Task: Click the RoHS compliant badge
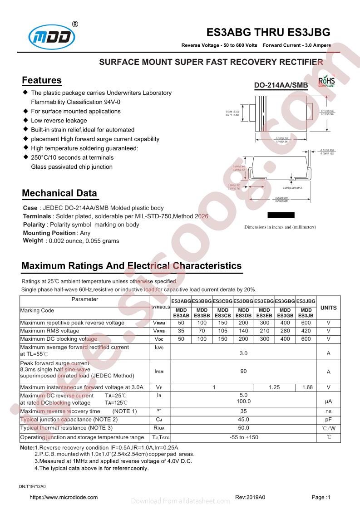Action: (x=326, y=81)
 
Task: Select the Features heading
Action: (x=42, y=81)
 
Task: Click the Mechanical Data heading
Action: (x=59, y=193)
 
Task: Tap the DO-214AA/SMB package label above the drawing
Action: (x=281, y=85)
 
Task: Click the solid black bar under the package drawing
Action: (x=281, y=215)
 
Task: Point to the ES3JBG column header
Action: (x=306, y=301)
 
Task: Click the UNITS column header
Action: (x=328, y=308)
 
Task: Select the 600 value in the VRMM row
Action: (x=306, y=323)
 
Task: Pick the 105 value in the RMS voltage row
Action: (x=222, y=331)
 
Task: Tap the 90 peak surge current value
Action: (x=243, y=372)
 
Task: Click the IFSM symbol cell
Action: (x=159, y=372)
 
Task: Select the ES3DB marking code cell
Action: (x=243, y=313)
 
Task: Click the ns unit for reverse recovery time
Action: (x=328, y=411)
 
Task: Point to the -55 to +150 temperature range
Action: (x=243, y=437)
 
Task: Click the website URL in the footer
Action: (x=64, y=497)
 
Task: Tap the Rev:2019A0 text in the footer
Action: (x=250, y=497)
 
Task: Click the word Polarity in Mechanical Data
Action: (x=34, y=225)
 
